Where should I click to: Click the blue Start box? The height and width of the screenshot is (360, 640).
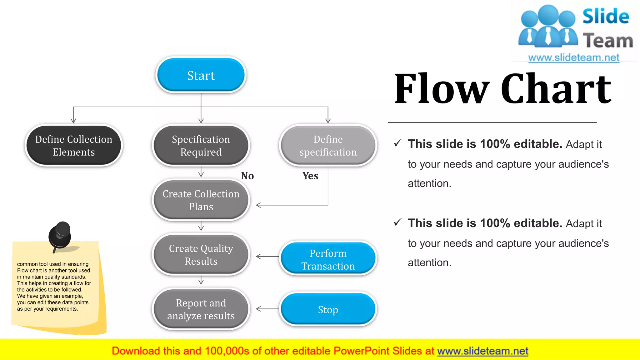pyautogui.click(x=201, y=75)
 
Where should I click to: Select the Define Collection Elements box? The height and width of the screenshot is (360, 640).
pyautogui.click(x=74, y=146)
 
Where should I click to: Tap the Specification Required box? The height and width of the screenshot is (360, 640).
pyautogui.click(x=201, y=146)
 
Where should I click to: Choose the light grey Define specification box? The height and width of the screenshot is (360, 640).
pyautogui.click(x=328, y=146)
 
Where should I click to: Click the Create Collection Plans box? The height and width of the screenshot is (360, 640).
pyautogui.click(x=201, y=200)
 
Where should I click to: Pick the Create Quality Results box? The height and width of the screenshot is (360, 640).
pyautogui.click(x=201, y=255)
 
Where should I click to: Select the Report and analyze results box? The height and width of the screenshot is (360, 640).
pyautogui.click(x=201, y=309)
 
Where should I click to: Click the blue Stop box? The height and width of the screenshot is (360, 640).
pyautogui.click(x=328, y=309)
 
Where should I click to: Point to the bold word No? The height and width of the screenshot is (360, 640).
pyautogui.click(x=247, y=176)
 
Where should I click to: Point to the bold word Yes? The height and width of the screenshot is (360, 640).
pyautogui.click(x=310, y=176)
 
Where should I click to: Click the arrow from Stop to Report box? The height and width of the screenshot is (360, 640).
pyautogui.click(x=267, y=309)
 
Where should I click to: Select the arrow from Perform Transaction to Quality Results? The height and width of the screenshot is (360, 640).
pyautogui.click(x=267, y=257)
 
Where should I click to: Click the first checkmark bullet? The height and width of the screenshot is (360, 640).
pyautogui.click(x=397, y=143)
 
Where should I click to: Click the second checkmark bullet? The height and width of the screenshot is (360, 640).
pyautogui.click(x=397, y=222)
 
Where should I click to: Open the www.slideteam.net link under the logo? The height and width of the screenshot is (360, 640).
pyautogui.click(x=573, y=58)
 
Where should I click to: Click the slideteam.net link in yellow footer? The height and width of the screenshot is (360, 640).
pyautogui.click(x=482, y=351)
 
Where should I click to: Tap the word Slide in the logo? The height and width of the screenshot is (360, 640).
pyautogui.click(x=605, y=17)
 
